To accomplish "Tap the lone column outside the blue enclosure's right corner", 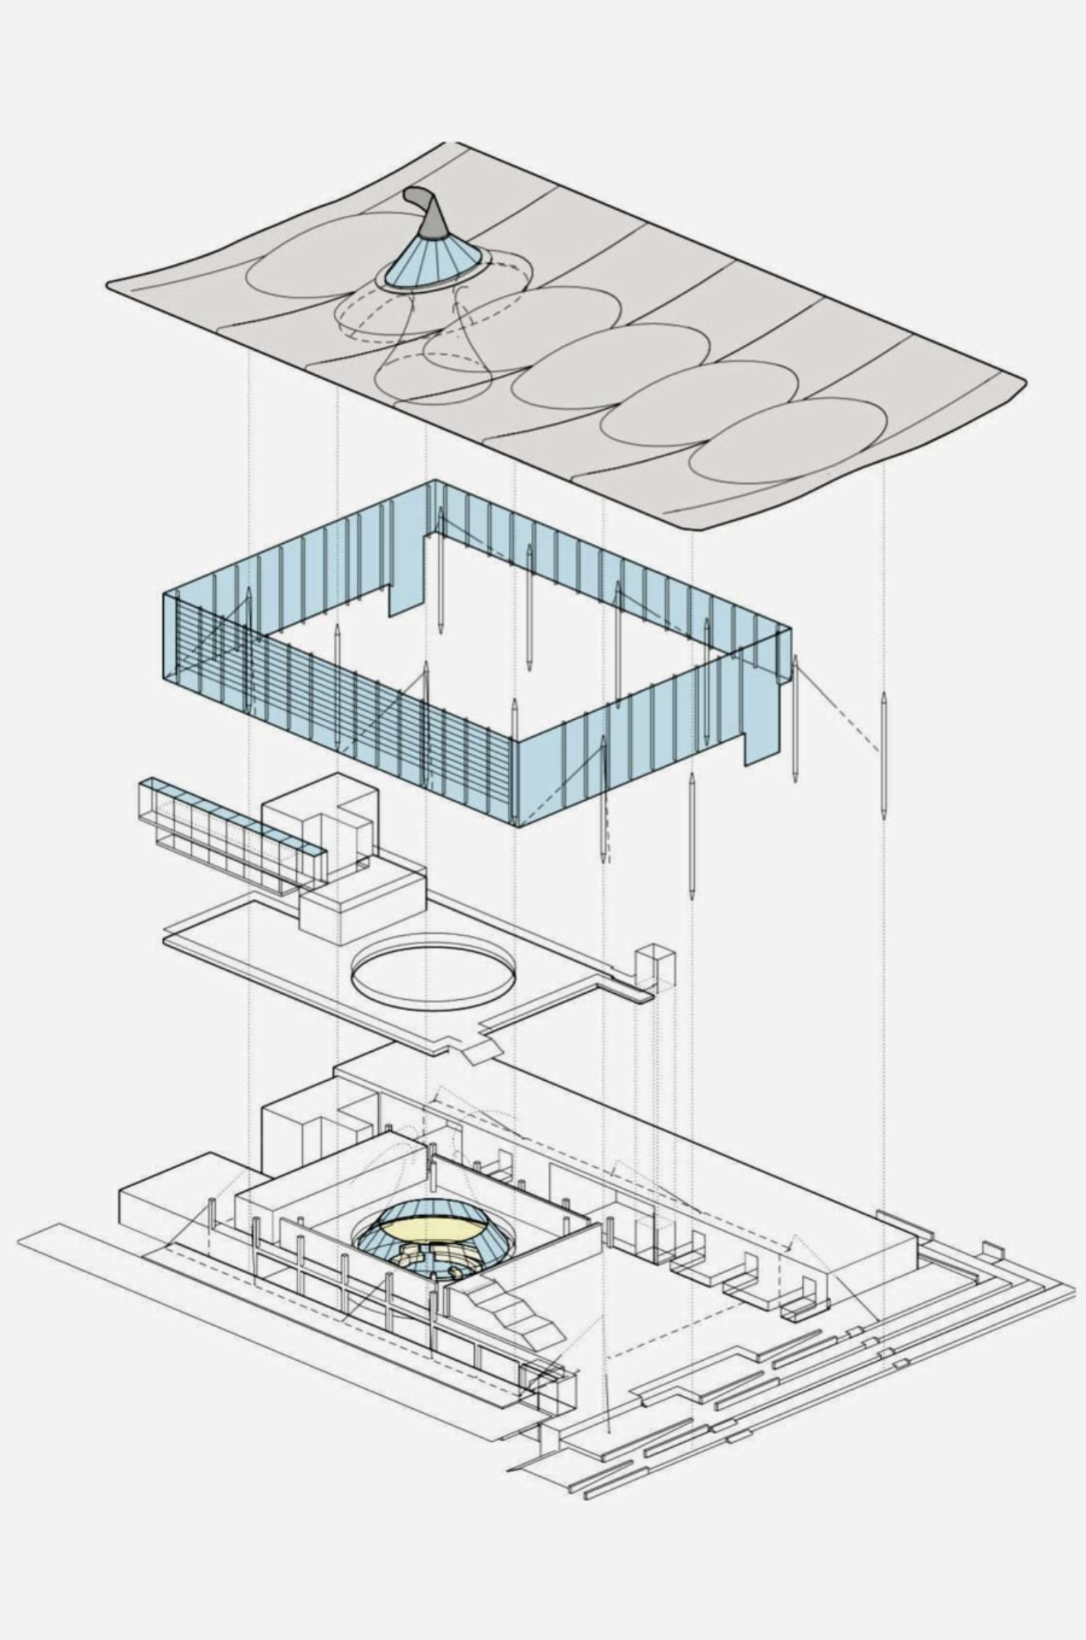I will [883, 755].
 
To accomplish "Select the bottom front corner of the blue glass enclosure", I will [517, 824].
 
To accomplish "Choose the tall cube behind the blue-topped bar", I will [320, 831].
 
